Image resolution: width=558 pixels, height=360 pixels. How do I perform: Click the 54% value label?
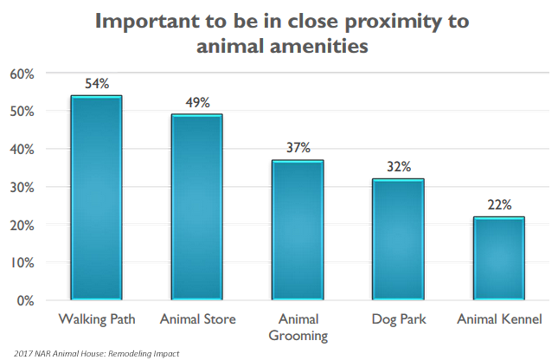[x=96, y=84]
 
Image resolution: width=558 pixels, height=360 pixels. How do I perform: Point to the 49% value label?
[x=198, y=103]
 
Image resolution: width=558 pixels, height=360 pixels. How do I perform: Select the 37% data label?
[x=298, y=148]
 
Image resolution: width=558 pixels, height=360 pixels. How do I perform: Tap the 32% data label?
[x=399, y=167]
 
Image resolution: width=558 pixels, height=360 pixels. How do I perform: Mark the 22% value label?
[x=497, y=204]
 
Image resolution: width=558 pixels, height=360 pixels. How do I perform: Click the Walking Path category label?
[x=96, y=319]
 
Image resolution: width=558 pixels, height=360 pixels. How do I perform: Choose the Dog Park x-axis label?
[x=397, y=319]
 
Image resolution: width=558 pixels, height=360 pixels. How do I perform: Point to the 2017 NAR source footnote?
[x=95, y=353]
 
